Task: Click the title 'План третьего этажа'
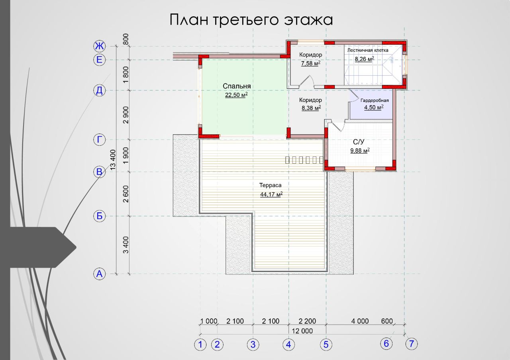251,20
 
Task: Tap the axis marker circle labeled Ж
100,46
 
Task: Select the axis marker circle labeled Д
100,90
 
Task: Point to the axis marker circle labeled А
100,274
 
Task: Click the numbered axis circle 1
200,344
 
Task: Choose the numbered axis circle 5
326,344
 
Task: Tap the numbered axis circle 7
412,344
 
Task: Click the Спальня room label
237,86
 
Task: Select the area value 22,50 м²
236,95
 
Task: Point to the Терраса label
270,186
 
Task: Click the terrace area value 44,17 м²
271,194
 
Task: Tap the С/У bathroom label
359,142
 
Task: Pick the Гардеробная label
375,100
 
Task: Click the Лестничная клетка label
368,50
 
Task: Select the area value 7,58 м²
311,63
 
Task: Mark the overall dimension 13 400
113,160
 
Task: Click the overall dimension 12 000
302,331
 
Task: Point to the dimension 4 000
360,321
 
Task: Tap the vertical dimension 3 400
126,245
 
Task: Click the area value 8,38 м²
311,108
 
